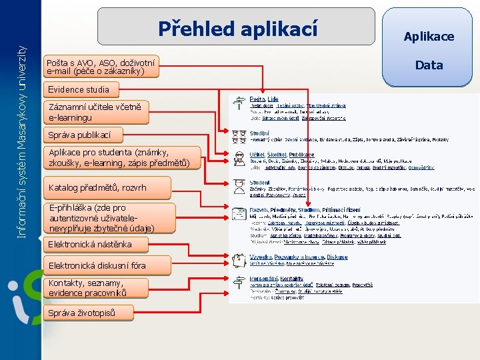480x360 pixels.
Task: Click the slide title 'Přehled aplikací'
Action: [x=237, y=29]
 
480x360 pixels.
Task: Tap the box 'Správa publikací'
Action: [x=76, y=135]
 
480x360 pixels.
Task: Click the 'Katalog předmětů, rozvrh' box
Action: [x=97, y=188]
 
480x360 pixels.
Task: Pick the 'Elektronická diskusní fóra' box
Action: [x=97, y=265]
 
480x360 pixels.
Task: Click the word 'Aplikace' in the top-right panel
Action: [x=429, y=36]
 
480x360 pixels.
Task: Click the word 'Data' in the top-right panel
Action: [x=429, y=65]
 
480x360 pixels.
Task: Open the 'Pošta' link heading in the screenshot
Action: [x=257, y=99]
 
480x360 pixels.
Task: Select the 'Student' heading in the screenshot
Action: [x=259, y=182]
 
